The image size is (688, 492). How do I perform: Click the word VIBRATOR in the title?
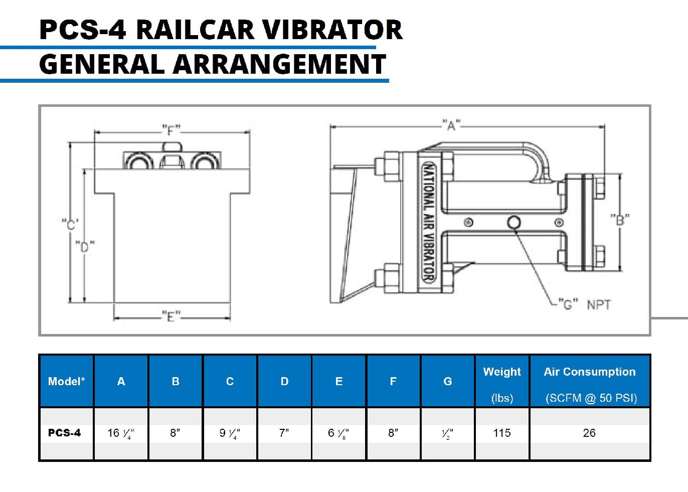click(x=332, y=30)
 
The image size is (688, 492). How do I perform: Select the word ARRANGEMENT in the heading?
click(x=279, y=65)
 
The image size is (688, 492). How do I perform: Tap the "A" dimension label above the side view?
click(x=451, y=125)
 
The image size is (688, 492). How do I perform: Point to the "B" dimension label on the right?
click(x=620, y=220)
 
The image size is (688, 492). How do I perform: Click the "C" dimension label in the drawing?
click(x=70, y=224)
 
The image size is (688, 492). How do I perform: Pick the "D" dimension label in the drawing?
click(x=85, y=246)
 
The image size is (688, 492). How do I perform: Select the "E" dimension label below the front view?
click(x=171, y=316)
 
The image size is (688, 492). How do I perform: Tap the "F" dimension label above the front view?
click(x=171, y=130)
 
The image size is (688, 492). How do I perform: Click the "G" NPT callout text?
click(x=584, y=304)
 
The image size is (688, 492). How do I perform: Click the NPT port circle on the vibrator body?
click(x=513, y=222)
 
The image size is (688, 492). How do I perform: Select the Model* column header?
click(x=66, y=381)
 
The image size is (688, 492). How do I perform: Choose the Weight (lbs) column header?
click(x=502, y=384)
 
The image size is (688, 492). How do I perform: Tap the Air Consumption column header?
click(x=590, y=384)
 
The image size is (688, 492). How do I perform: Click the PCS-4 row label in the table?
click(x=65, y=433)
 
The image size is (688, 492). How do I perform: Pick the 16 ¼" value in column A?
click(x=121, y=433)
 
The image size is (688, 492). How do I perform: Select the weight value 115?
click(x=502, y=433)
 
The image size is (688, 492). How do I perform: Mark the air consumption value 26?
click(x=589, y=433)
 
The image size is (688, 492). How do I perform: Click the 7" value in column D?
click(x=284, y=433)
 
